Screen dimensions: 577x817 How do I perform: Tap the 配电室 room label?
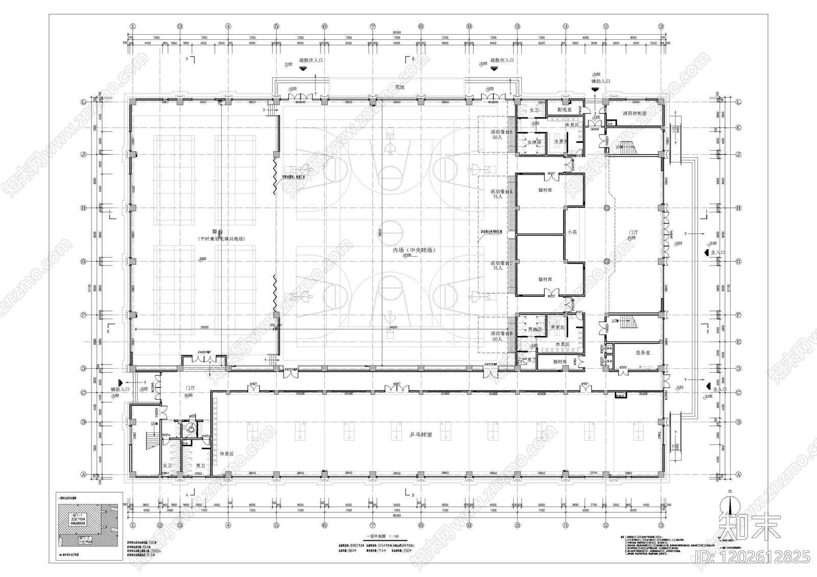(564, 109)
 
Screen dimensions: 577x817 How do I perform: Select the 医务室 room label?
(643, 353)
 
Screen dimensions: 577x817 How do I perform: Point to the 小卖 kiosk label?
(572, 232)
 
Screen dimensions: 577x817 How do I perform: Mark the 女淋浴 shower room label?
(534, 142)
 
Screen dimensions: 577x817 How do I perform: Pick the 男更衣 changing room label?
(557, 327)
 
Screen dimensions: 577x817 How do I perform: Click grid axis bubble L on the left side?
(83, 102)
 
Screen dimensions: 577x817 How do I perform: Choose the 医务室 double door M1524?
(623, 372)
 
